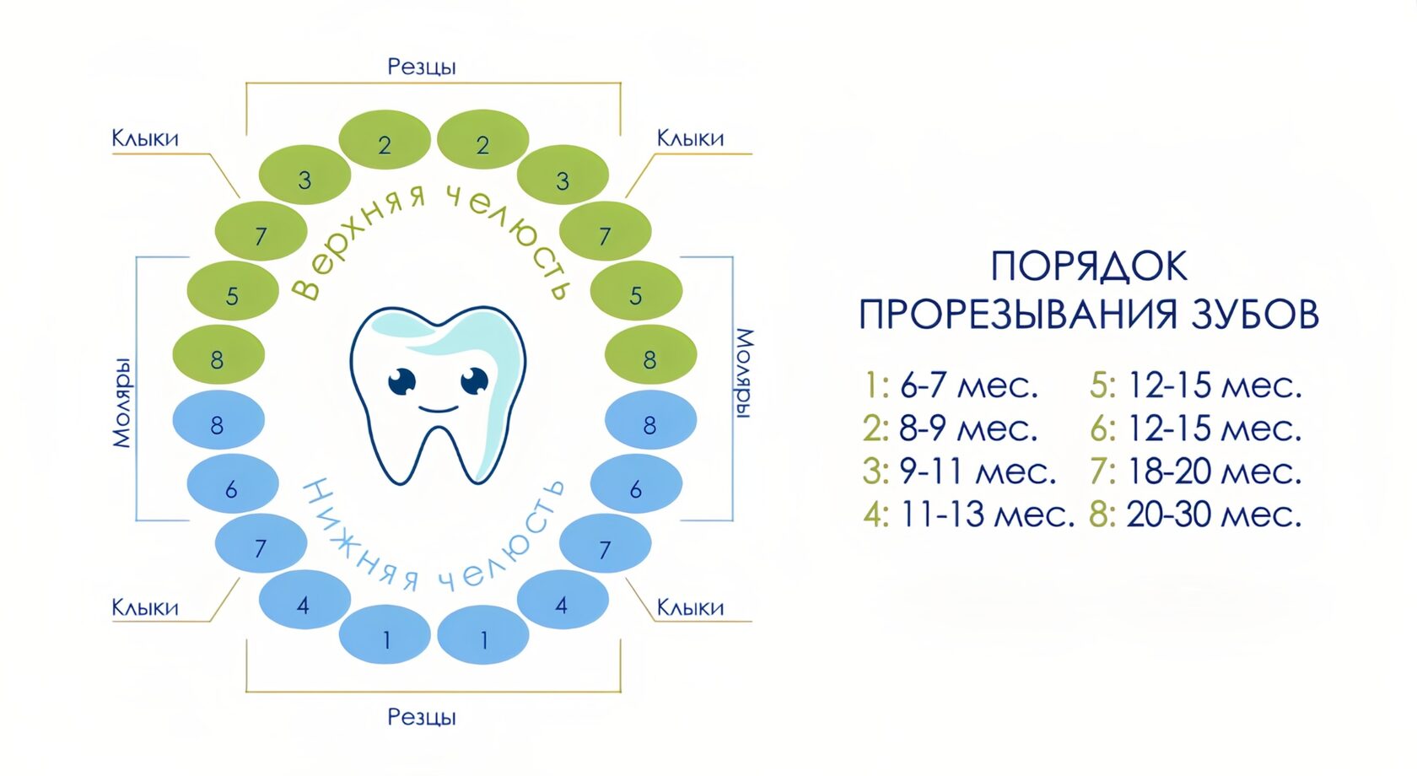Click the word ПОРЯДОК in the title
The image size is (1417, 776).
tap(1089, 267)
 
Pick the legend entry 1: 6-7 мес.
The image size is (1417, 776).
tap(951, 386)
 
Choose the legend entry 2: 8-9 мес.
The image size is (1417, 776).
tap(950, 429)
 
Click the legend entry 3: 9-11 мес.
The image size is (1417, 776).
tap(959, 472)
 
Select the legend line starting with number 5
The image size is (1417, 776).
tap(1195, 386)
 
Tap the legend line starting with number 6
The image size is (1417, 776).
tap(1195, 429)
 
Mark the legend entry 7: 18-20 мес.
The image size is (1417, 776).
tap(1195, 472)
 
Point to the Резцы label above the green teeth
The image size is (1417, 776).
tap(422, 67)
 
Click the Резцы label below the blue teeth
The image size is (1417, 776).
tap(422, 717)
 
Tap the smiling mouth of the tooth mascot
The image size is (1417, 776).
tap(438, 410)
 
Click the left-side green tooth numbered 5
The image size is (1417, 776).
tap(233, 291)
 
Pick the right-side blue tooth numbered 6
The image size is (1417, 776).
tap(636, 484)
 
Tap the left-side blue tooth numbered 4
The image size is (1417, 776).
tap(304, 601)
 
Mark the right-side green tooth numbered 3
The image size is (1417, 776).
tap(563, 175)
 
